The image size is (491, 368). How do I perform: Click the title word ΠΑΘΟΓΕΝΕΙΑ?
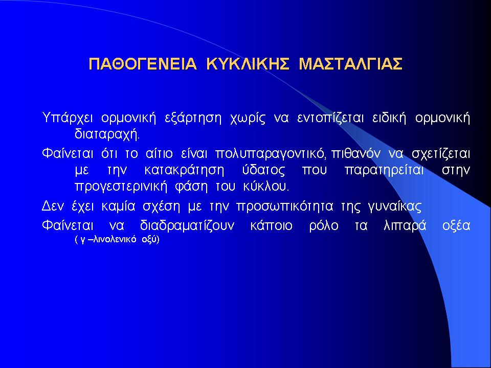click(x=143, y=64)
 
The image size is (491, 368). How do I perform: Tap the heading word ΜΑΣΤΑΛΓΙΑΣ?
click(x=350, y=64)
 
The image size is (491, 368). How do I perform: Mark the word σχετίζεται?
click(x=441, y=154)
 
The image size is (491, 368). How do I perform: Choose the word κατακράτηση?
click(x=185, y=171)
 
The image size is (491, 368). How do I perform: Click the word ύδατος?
click(x=264, y=170)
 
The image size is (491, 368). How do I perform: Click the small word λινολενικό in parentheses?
click(x=115, y=240)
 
